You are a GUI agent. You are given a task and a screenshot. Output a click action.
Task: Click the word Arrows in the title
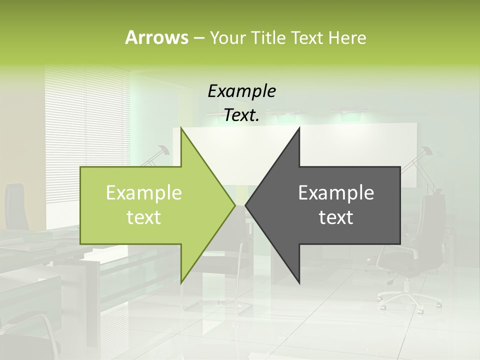[156, 37]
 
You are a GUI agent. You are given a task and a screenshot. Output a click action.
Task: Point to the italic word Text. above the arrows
[241, 115]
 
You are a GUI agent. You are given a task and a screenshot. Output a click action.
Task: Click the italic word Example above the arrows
[241, 91]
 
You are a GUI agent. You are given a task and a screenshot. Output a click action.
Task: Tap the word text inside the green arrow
[144, 217]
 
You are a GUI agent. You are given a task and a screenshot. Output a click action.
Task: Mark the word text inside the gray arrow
[336, 217]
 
